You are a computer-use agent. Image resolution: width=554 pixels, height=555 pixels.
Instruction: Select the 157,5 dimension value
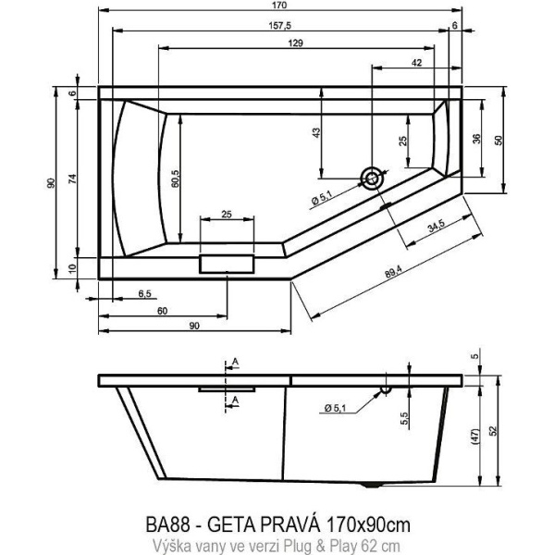tap(279, 27)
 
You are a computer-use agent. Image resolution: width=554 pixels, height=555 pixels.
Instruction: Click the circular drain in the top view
tap(372, 179)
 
